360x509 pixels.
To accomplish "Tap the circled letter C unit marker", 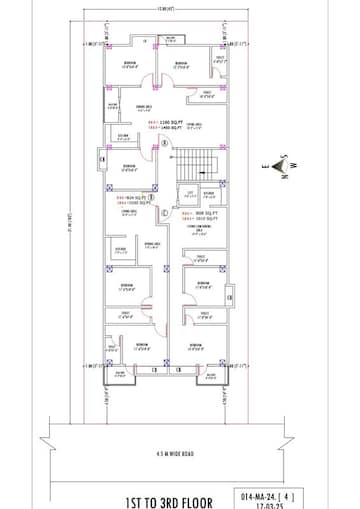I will coord(164,209).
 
